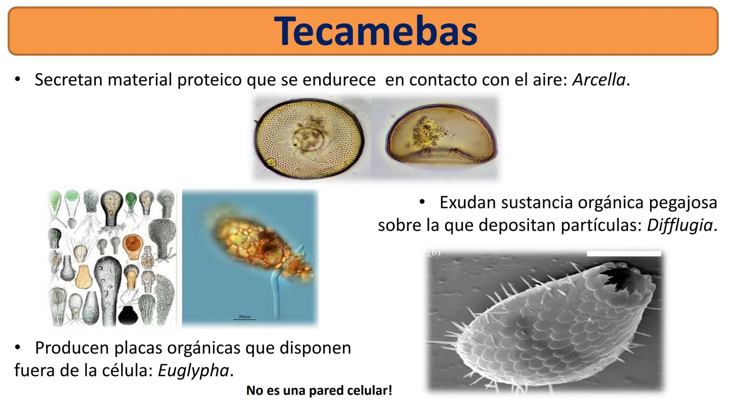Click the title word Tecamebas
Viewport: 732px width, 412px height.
[x=376, y=31]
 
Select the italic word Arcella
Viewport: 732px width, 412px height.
[x=599, y=80]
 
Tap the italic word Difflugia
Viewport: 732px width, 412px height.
[x=680, y=225]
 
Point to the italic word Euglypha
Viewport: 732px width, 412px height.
[x=193, y=371]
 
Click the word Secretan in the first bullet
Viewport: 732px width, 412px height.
[x=69, y=80]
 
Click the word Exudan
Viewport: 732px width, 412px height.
[x=467, y=203]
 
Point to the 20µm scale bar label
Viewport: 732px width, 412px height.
[x=244, y=317]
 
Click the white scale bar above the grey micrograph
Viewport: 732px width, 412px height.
[x=624, y=253]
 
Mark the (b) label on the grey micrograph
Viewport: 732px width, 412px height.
[x=434, y=253]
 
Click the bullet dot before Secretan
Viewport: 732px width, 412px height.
[x=17, y=80]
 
